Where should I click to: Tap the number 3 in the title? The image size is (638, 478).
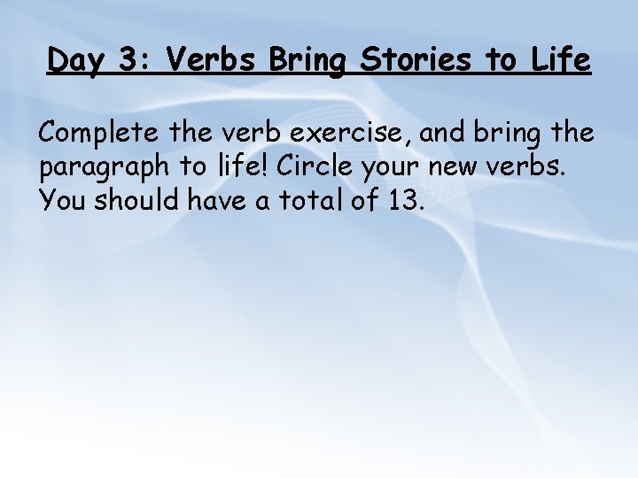(x=128, y=60)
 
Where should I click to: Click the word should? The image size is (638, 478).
(x=135, y=200)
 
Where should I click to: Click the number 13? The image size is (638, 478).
(x=406, y=200)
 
